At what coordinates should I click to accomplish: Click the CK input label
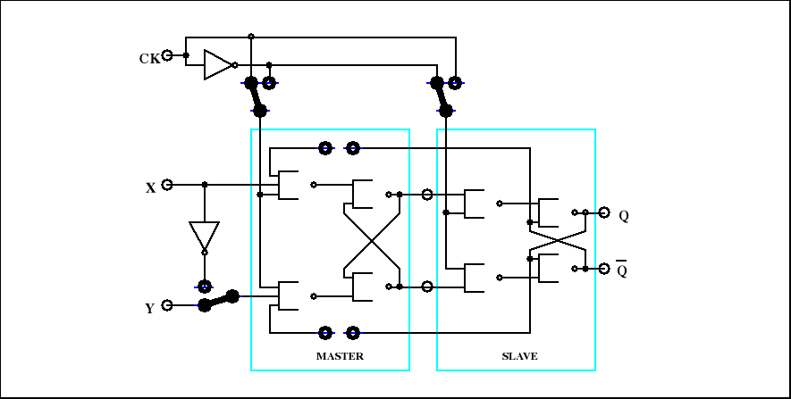point(149,59)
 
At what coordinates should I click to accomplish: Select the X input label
point(150,188)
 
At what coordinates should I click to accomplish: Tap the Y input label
point(149,309)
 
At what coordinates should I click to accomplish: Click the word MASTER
point(340,356)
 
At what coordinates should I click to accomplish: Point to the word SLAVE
point(519,356)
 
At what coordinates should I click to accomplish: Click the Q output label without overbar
point(623,216)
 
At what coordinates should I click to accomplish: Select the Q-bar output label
point(622,270)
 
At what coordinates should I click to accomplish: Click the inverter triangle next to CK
point(216,64)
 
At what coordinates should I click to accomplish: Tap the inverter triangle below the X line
point(204,236)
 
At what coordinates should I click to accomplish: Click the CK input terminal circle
point(167,55)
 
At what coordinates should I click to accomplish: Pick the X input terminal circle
point(167,185)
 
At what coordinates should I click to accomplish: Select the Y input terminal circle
point(167,305)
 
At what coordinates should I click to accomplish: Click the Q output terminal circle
point(604,212)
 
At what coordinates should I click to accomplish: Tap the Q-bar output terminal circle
point(604,268)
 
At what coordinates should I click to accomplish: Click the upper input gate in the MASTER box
point(289,185)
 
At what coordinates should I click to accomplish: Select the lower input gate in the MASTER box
point(289,296)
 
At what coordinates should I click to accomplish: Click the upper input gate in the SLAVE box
point(475,204)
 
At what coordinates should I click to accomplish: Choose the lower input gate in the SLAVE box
point(475,278)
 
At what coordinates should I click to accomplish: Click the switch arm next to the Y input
point(219,300)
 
